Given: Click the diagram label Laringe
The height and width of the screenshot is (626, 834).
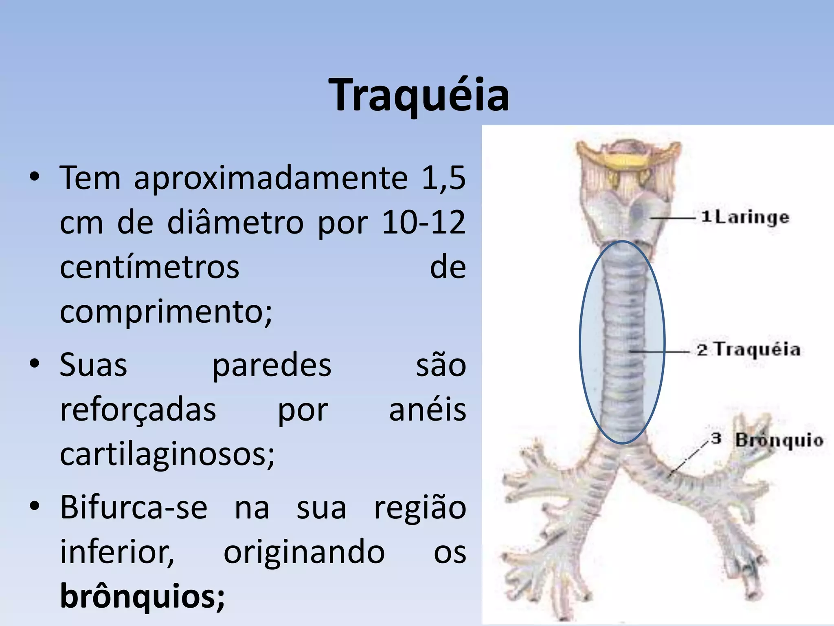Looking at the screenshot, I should (x=752, y=217).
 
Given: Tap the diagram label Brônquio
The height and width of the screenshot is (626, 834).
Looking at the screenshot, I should (x=779, y=441).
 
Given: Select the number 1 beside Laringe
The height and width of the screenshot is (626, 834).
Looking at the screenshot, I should (x=706, y=216).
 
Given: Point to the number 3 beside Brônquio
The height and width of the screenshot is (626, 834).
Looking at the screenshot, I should (x=716, y=439).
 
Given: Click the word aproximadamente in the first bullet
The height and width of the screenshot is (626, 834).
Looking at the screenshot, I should (x=271, y=178).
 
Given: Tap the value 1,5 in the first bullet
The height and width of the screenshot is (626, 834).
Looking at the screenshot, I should (x=443, y=178).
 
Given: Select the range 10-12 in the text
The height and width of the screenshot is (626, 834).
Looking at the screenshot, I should (x=424, y=223).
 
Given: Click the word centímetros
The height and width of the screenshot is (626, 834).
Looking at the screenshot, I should (x=149, y=267).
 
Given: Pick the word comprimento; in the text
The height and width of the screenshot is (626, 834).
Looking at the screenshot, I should (x=166, y=312).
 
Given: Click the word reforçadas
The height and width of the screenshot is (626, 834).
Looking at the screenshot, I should (x=138, y=410).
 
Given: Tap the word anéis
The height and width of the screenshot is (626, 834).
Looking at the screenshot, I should (x=427, y=410).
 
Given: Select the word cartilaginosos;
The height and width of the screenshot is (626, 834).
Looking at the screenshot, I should (x=167, y=454).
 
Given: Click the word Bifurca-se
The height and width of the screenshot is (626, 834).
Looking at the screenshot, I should (x=134, y=507).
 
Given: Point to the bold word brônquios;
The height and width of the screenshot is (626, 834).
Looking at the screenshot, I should (x=142, y=596).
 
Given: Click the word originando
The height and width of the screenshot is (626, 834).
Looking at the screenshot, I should (x=304, y=552).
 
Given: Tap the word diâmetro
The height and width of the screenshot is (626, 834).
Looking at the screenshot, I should (x=235, y=223).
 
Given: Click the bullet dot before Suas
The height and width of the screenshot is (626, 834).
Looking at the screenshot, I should (x=35, y=363).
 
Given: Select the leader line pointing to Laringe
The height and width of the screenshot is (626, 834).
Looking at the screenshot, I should (x=672, y=218).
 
